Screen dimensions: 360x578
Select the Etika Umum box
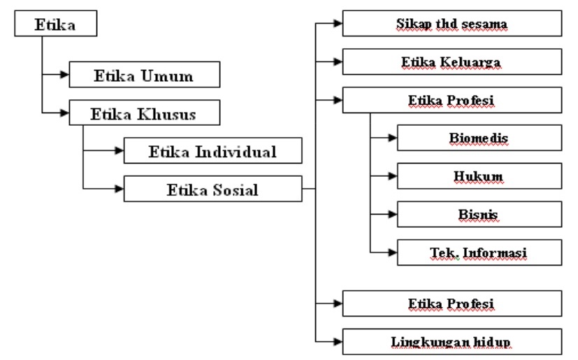(145, 75)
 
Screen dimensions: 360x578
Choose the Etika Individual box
(212, 151)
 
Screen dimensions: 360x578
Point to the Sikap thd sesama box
(451, 24)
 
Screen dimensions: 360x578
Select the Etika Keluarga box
(451, 62)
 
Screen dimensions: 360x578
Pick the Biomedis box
(479, 138)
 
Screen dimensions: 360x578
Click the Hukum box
(479, 176)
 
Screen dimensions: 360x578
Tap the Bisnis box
(479, 214)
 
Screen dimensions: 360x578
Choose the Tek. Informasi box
(479, 252)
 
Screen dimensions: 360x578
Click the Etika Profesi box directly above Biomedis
(451, 100)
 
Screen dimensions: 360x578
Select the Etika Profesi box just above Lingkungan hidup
(451, 303)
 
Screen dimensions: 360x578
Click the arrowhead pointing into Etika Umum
(64, 75)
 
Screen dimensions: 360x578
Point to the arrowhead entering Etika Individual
(119, 151)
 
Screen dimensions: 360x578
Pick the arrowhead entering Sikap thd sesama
(338, 24)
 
